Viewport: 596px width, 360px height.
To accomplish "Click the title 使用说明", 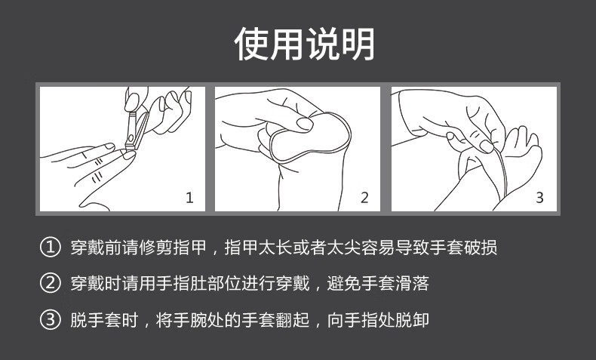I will pyautogui.click(x=304, y=44).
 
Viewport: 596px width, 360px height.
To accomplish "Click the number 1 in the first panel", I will pyautogui.click(x=189, y=198).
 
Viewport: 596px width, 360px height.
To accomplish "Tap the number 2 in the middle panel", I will pyautogui.click(x=364, y=198).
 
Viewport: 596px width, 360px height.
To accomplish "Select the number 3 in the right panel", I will pyautogui.click(x=539, y=198).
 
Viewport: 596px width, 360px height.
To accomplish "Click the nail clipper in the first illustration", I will pyautogui.click(x=136, y=128).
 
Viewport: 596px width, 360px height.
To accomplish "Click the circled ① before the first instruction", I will pyautogui.click(x=49, y=248).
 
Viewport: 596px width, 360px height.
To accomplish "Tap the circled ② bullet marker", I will pyautogui.click(x=49, y=284).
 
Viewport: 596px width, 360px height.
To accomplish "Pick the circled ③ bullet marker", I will pyautogui.click(x=49, y=320).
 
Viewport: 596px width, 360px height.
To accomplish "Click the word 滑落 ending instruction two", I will pyautogui.click(x=412, y=284).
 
